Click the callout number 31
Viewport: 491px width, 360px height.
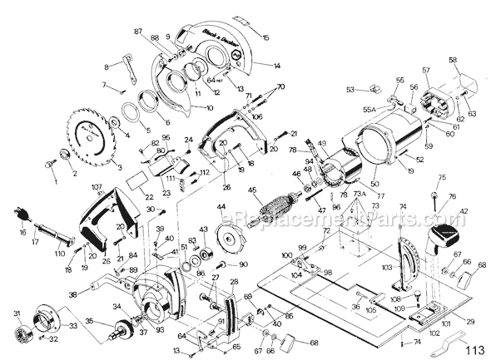tap(17, 313)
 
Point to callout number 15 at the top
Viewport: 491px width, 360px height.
tap(266, 37)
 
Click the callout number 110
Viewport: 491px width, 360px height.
tap(60, 253)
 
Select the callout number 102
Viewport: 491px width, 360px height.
tap(434, 333)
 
